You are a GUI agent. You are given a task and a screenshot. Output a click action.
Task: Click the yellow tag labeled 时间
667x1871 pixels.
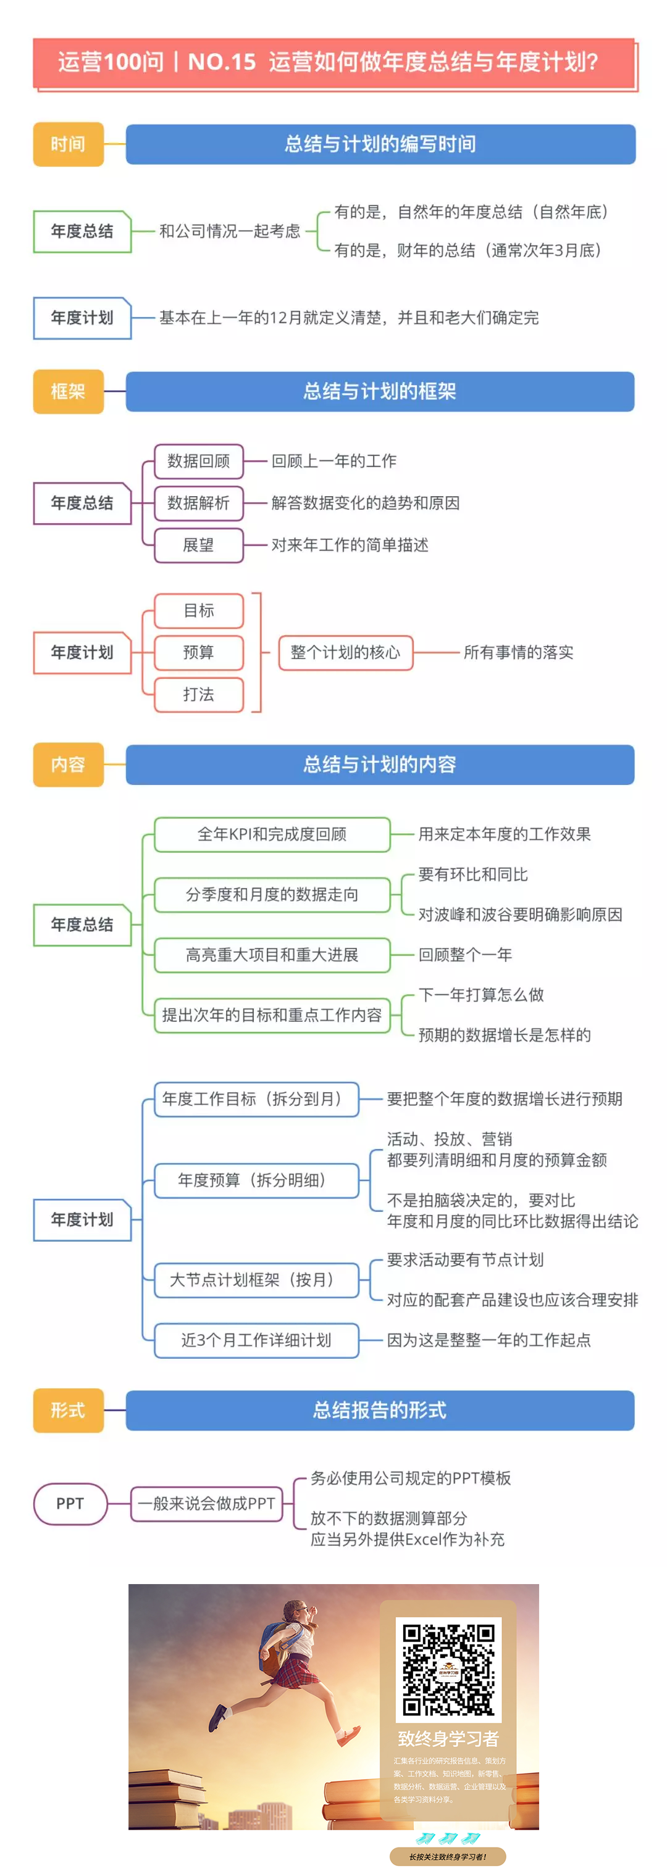tap(69, 144)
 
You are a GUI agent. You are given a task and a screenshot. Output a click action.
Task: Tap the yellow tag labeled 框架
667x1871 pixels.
tap(69, 391)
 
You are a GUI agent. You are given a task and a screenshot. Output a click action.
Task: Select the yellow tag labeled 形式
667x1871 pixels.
tap(69, 1410)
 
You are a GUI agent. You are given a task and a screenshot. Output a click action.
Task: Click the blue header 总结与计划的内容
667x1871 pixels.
tap(380, 764)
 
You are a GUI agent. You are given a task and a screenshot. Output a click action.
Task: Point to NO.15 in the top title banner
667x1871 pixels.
tap(222, 62)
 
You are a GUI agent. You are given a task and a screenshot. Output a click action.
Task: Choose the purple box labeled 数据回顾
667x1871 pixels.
tap(198, 461)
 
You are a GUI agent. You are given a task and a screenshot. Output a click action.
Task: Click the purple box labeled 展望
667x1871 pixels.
tap(198, 545)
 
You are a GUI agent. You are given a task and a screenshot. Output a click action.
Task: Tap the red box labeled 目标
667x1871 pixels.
tap(198, 610)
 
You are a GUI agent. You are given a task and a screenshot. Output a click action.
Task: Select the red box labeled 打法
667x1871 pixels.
tap(198, 694)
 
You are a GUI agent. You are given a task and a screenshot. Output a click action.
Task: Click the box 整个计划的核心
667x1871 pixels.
tap(345, 652)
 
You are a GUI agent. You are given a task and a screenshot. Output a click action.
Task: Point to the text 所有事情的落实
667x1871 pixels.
tap(518, 652)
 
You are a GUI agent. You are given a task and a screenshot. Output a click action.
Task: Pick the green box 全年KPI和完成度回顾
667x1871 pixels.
tap(272, 834)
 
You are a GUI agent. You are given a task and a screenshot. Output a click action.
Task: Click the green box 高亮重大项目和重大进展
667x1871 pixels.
tap(272, 955)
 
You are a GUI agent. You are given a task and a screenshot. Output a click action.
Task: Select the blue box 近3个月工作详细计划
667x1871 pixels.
tap(256, 1340)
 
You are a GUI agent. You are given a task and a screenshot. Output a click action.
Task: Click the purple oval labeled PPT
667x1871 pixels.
tap(70, 1503)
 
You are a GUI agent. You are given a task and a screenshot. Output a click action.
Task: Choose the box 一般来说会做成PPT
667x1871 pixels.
tap(206, 1503)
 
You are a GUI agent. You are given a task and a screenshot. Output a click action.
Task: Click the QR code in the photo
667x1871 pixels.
tap(448, 1670)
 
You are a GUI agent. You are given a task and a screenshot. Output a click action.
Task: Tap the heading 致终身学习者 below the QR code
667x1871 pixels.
tap(448, 1738)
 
